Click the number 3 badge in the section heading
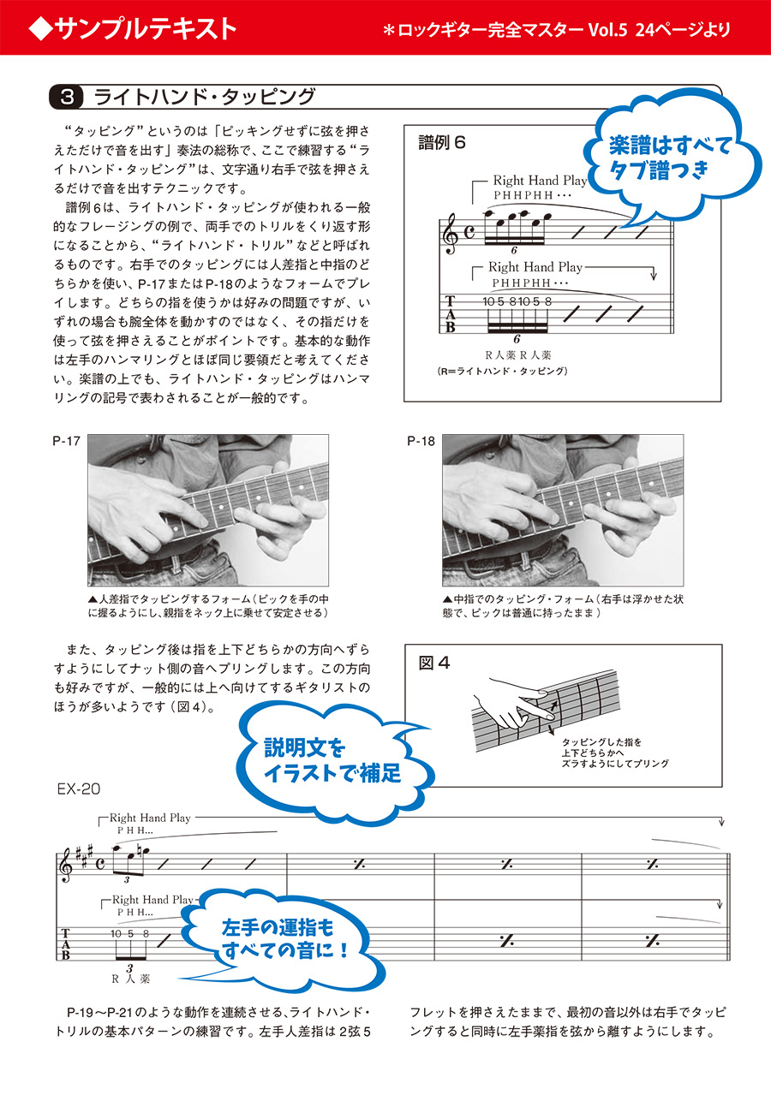(x=68, y=97)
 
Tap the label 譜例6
(x=442, y=142)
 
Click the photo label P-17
(x=66, y=442)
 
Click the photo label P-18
(x=421, y=442)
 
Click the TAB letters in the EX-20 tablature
(x=66, y=942)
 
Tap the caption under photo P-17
(x=208, y=605)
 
